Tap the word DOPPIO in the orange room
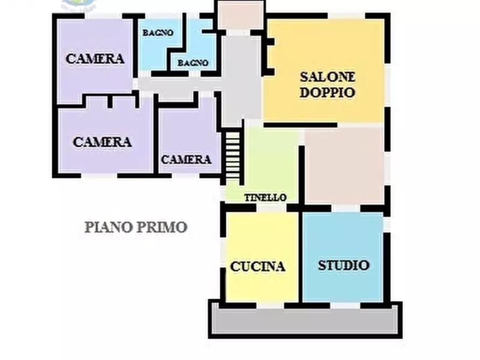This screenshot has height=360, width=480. [327, 92]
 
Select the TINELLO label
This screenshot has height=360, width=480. [266, 198]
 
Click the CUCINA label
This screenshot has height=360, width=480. [257, 267]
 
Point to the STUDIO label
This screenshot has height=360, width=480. [343, 265]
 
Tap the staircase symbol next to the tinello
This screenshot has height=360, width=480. [233, 156]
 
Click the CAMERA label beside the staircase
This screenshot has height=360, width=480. [186, 160]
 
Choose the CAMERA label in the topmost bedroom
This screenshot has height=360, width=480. [95, 59]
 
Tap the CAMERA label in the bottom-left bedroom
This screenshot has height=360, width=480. [102, 142]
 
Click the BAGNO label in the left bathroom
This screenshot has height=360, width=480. [157, 33]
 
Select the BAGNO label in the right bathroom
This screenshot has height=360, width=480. [193, 63]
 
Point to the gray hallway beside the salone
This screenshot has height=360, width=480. [242, 81]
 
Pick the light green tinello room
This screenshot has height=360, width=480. [271, 161]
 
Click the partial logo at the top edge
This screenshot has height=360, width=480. [79, 5]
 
